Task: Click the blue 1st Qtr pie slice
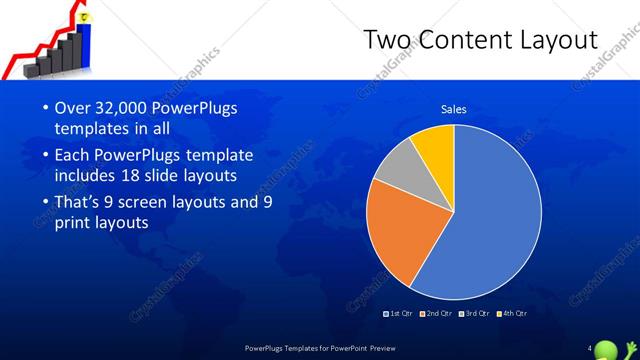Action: click(490, 220)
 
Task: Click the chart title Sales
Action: click(454, 109)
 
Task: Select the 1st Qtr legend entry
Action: click(400, 313)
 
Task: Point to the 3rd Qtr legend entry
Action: click(474, 313)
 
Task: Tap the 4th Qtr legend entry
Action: click(512, 313)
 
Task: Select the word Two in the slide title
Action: click(384, 40)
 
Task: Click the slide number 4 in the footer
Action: click(590, 347)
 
